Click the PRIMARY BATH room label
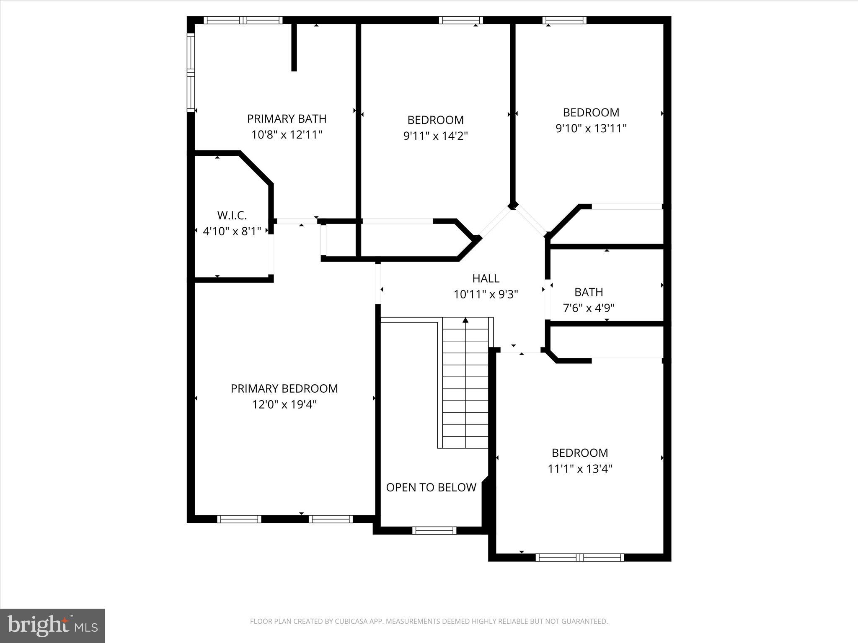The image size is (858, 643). [x=287, y=119]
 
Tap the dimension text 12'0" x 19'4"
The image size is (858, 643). [x=284, y=405]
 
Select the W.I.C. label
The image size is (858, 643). [x=232, y=216]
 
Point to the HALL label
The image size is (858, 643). [x=486, y=278]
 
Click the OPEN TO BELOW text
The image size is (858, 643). [x=431, y=487]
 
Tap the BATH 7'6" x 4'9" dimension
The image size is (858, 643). [x=588, y=308]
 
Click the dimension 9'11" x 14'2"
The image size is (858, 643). [x=435, y=136]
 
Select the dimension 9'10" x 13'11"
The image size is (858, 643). [x=591, y=129]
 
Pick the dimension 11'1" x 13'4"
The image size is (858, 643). [x=580, y=469]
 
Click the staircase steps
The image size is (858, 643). [x=465, y=389]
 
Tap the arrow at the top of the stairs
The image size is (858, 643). [x=465, y=321]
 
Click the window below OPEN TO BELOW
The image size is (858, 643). [x=434, y=531]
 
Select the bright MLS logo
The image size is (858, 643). [x=52, y=625]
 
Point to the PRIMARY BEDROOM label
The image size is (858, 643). [x=284, y=388]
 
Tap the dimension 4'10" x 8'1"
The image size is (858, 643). [x=232, y=231]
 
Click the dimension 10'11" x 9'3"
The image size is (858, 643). [x=486, y=295]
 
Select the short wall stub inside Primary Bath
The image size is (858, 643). [x=294, y=47]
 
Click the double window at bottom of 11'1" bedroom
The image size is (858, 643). [x=580, y=557]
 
